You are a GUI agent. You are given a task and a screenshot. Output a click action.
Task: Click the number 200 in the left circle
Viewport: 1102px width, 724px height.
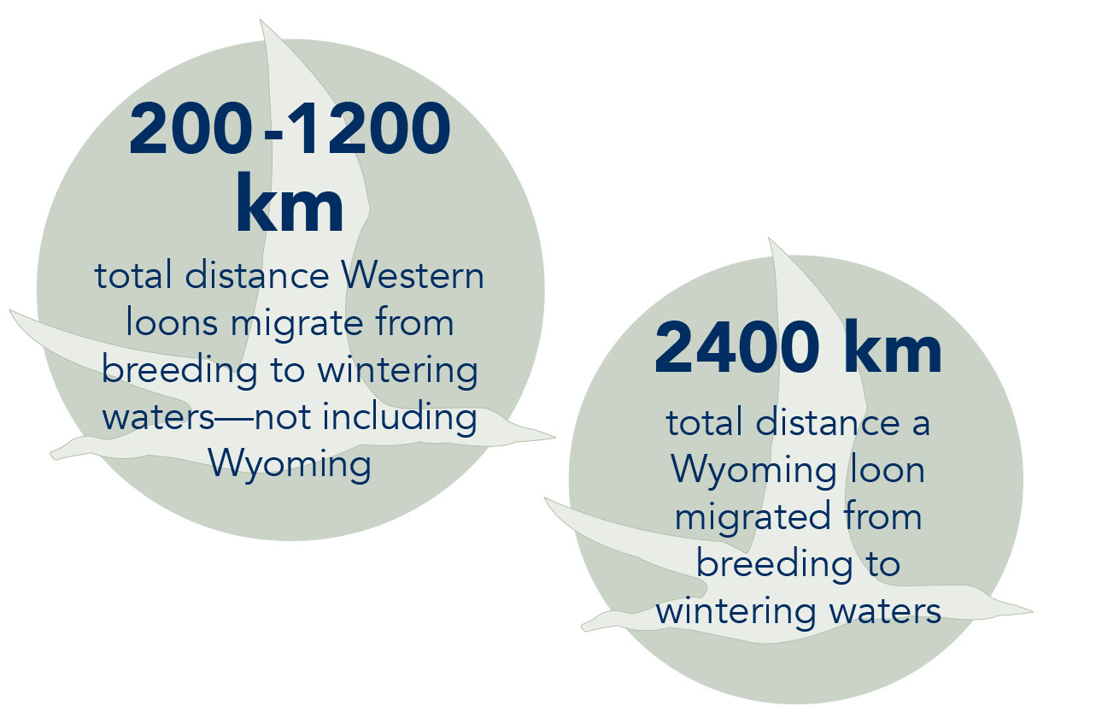191,128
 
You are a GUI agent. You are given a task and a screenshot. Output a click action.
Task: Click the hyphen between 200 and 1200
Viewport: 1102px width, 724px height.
273,132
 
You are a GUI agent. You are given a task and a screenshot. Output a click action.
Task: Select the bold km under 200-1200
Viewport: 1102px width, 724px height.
290,203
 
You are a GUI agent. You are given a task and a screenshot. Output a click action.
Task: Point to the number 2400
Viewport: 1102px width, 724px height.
736,347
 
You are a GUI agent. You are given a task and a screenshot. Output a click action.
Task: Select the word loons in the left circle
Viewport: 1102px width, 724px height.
172,322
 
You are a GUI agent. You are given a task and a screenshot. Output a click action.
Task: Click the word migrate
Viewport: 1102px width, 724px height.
297,325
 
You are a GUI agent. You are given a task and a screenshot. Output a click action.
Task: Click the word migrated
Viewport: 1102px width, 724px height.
753,518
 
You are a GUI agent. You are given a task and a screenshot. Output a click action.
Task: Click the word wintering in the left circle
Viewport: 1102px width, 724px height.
397,371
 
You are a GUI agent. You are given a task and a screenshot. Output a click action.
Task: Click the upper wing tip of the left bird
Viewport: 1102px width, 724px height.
261,21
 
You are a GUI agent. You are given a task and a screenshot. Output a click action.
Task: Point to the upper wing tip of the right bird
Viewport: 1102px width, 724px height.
769,239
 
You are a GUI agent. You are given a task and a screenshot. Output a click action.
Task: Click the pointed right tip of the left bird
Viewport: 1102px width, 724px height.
554,436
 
